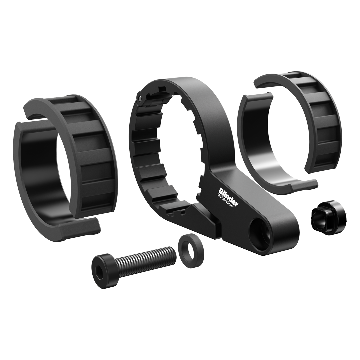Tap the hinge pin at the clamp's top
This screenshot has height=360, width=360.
(x=140, y=97)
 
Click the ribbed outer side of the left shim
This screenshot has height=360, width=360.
(x=97, y=157)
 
